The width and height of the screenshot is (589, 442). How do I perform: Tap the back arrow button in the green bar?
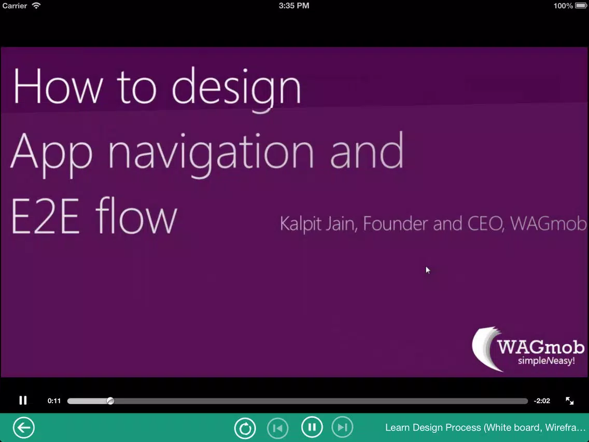24,427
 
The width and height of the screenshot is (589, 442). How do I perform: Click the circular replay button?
245,427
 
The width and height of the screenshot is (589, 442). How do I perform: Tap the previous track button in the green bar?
277,427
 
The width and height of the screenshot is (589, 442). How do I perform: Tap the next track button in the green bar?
342,427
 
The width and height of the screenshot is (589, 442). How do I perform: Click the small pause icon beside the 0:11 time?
23,400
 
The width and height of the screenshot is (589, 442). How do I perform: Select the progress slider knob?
110,401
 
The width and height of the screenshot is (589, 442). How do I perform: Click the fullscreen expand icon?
569,400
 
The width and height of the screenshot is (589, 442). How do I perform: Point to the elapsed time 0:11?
54,401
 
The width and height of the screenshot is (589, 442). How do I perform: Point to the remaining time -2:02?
542,401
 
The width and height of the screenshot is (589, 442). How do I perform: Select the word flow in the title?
136,216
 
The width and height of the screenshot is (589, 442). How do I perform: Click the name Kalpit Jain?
317,224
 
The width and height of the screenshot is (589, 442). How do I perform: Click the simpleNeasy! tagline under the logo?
546,361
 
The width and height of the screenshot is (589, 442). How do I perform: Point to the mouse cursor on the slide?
428,270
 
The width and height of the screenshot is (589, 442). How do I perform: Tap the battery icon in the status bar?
580,6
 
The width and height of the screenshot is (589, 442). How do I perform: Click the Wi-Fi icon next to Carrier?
36,6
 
